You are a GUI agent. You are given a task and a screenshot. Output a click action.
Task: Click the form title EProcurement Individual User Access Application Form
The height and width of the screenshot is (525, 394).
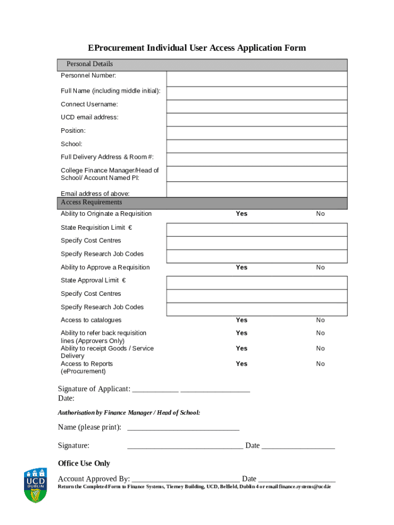tap(196, 48)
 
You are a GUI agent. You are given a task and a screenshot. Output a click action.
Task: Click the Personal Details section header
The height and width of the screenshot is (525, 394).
tap(90, 64)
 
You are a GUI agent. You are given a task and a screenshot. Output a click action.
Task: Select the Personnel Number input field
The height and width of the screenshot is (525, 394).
tap(256, 78)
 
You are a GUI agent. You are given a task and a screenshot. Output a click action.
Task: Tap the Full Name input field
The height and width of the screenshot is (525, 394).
tap(256, 93)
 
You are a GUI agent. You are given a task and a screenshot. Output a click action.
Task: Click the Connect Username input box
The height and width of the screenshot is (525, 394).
tap(256, 106)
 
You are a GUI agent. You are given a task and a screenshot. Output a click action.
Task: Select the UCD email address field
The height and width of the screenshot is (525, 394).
tap(256, 119)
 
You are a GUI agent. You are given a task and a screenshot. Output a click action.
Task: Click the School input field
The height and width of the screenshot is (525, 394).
tap(256, 146)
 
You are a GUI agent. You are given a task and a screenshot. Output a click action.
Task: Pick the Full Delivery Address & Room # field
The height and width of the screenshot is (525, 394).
tap(256, 159)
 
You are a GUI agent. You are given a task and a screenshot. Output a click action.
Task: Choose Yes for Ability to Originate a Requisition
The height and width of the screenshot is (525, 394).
tap(242, 214)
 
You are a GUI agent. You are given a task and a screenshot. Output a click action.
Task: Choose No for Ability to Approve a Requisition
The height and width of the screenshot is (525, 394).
tap(320, 268)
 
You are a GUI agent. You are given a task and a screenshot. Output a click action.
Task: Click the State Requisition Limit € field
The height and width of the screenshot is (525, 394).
tap(256, 229)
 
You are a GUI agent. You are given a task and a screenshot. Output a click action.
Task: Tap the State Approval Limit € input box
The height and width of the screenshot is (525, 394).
tap(256, 282)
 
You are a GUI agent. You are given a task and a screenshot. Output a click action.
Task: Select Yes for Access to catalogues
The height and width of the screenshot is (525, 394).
tap(242, 320)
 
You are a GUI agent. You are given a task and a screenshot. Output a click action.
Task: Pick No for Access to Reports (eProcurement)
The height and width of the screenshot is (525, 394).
tap(320, 364)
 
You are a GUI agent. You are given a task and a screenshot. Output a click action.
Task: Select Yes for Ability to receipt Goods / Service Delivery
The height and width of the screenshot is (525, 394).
tap(242, 349)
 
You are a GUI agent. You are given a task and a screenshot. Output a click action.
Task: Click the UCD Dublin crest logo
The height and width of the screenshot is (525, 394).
tap(36, 484)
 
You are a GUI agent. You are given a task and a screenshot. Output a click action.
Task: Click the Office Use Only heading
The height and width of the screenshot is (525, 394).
tap(84, 463)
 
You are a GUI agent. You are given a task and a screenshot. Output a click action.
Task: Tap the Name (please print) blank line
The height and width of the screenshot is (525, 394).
tap(183, 428)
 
